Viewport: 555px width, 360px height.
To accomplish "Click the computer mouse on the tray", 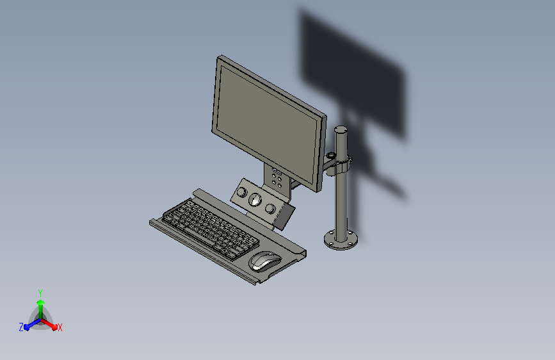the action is pyautogui.click(x=265, y=261).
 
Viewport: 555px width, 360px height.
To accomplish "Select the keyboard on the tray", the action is pyautogui.click(x=210, y=229).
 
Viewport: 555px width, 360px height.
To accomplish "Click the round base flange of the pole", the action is pyautogui.click(x=341, y=240).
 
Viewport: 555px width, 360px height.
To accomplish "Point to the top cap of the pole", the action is pyautogui.click(x=341, y=129).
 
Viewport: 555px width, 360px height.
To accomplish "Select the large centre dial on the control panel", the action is pyautogui.click(x=255, y=200).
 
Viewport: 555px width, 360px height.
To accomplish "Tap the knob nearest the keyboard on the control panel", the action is pyautogui.click(x=241, y=192).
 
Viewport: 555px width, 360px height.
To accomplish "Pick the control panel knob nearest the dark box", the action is pyautogui.click(x=270, y=208).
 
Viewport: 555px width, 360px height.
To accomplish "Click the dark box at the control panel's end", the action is pyautogui.click(x=285, y=217).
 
